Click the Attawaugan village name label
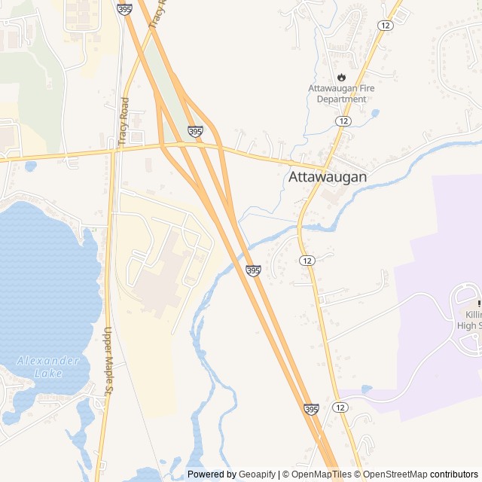pyautogui.click(x=328, y=178)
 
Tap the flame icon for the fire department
pyautogui.click(x=341, y=77)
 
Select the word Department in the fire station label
pyautogui.click(x=341, y=99)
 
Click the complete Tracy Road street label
pyautogui.click(x=124, y=120)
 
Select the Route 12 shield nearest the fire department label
pyautogui.click(x=343, y=121)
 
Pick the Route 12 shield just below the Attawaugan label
pyautogui.click(x=306, y=260)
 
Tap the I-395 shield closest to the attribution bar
pyautogui.click(x=311, y=409)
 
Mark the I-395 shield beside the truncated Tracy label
pyautogui.click(x=124, y=8)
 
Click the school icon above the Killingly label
pyautogui.click(x=479, y=303)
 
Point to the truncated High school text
pyautogui.click(x=468, y=325)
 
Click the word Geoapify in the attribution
pyautogui.click(x=258, y=474)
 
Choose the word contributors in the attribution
pyautogui.click(x=454, y=474)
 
